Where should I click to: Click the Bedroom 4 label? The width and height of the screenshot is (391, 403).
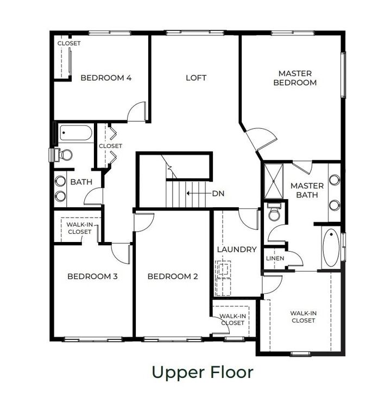[x=106, y=78]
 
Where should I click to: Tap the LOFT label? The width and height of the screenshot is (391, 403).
[x=196, y=78]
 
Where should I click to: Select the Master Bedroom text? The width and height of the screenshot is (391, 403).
[x=295, y=78]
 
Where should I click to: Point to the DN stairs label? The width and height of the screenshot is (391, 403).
[x=218, y=193]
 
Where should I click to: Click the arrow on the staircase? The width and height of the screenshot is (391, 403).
[x=199, y=193]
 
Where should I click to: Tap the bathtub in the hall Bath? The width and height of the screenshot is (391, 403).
[x=76, y=133]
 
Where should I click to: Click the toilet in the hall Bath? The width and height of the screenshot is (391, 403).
[x=64, y=154]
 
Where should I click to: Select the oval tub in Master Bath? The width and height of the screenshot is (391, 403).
[x=331, y=247]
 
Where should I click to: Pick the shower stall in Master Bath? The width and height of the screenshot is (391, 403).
[x=274, y=181]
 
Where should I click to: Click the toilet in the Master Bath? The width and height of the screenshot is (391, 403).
[x=274, y=212]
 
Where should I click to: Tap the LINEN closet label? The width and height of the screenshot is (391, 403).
[x=275, y=258]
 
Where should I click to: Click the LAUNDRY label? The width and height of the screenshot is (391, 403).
[x=237, y=249]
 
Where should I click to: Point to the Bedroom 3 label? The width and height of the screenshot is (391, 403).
[x=92, y=276]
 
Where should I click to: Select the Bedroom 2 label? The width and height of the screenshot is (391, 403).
[x=173, y=276]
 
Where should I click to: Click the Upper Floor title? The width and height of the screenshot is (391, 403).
[x=203, y=372]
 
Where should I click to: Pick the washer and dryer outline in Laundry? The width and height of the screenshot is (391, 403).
[x=223, y=278]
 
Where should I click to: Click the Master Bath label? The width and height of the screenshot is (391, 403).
[x=307, y=190]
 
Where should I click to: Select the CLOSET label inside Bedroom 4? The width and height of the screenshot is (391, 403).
[x=69, y=43]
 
